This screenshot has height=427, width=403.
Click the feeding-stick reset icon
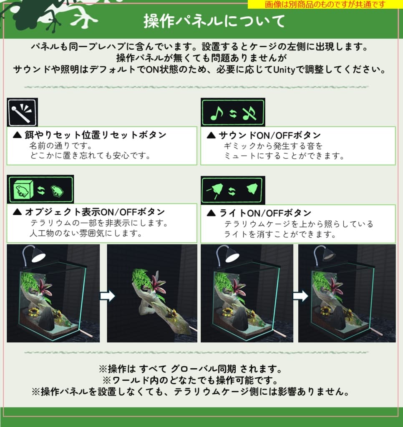[x=23, y=112]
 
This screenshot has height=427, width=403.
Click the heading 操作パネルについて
[x=214, y=21]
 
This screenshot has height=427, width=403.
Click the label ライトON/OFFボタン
[x=265, y=213]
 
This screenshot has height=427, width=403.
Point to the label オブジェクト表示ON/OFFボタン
[x=95, y=212]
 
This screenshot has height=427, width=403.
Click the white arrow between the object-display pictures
[x=107, y=296]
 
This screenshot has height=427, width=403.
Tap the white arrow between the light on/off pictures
[x=300, y=296]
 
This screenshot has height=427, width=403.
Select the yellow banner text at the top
[x=325, y=4]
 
